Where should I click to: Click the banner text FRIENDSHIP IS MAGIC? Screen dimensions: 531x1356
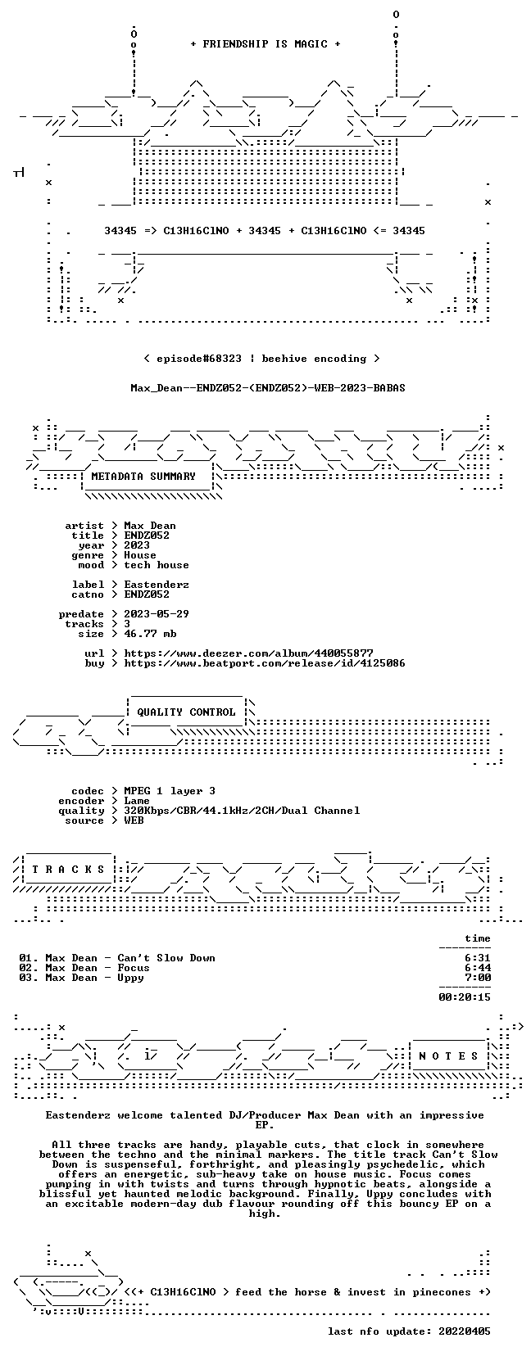click(265, 44)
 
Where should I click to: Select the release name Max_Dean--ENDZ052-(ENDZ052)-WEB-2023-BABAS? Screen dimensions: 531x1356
click(268, 388)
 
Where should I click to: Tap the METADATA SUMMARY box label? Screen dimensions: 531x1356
click(143, 477)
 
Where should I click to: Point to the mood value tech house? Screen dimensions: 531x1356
click(157, 565)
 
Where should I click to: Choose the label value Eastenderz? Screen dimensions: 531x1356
click(157, 585)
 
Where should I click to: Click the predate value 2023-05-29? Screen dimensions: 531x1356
click(157, 614)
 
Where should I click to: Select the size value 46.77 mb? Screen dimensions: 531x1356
click(150, 634)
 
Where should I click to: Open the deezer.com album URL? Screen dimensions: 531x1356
click(249, 653)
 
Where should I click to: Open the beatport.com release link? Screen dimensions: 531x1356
click(265, 663)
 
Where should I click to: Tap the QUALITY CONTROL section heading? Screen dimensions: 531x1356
click(186, 712)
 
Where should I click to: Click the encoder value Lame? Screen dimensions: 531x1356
click(137, 801)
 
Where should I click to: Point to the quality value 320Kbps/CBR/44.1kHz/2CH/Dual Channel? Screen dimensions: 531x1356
click(242, 811)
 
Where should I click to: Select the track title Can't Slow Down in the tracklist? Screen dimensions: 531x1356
click(166, 958)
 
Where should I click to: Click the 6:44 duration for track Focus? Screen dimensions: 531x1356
click(478, 968)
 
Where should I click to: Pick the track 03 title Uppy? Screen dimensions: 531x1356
click(130, 979)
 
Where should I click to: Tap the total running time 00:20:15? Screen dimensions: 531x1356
click(465, 997)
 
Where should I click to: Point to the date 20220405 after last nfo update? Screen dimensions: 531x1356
click(465, 1331)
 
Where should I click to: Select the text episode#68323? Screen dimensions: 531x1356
click(198, 359)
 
